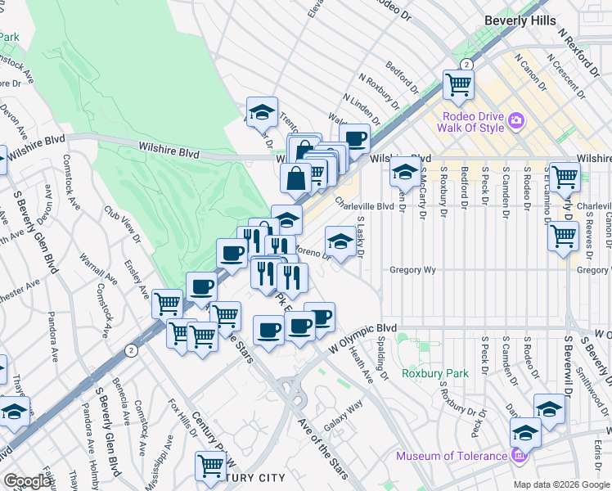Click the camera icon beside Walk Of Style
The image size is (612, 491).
(515, 121)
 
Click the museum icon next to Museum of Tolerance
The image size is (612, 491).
(517, 455)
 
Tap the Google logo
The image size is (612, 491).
(28, 480)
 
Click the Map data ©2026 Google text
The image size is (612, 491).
(561, 484)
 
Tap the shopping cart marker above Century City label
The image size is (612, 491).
(210, 465)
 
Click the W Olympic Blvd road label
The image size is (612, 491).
(362, 337)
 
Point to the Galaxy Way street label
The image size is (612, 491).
(343, 417)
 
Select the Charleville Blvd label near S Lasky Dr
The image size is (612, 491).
(364, 207)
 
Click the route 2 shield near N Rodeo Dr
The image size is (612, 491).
(466, 65)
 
